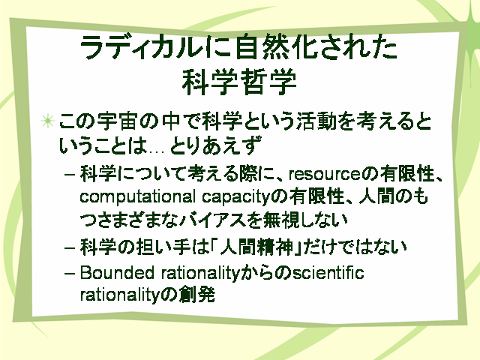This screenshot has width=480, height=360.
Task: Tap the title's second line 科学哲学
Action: coord(239,82)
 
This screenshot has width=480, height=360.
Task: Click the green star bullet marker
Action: coord(48,121)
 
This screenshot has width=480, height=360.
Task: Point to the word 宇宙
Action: coord(117,121)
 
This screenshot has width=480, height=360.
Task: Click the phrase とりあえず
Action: coord(215,145)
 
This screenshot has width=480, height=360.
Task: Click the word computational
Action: coord(137,196)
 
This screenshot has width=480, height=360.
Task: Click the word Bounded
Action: coord(117,272)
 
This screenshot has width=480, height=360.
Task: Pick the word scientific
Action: coord(328,272)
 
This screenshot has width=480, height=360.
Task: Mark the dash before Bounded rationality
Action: coord(70,273)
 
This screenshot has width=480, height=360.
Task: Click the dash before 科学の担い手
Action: coord(70,247)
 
